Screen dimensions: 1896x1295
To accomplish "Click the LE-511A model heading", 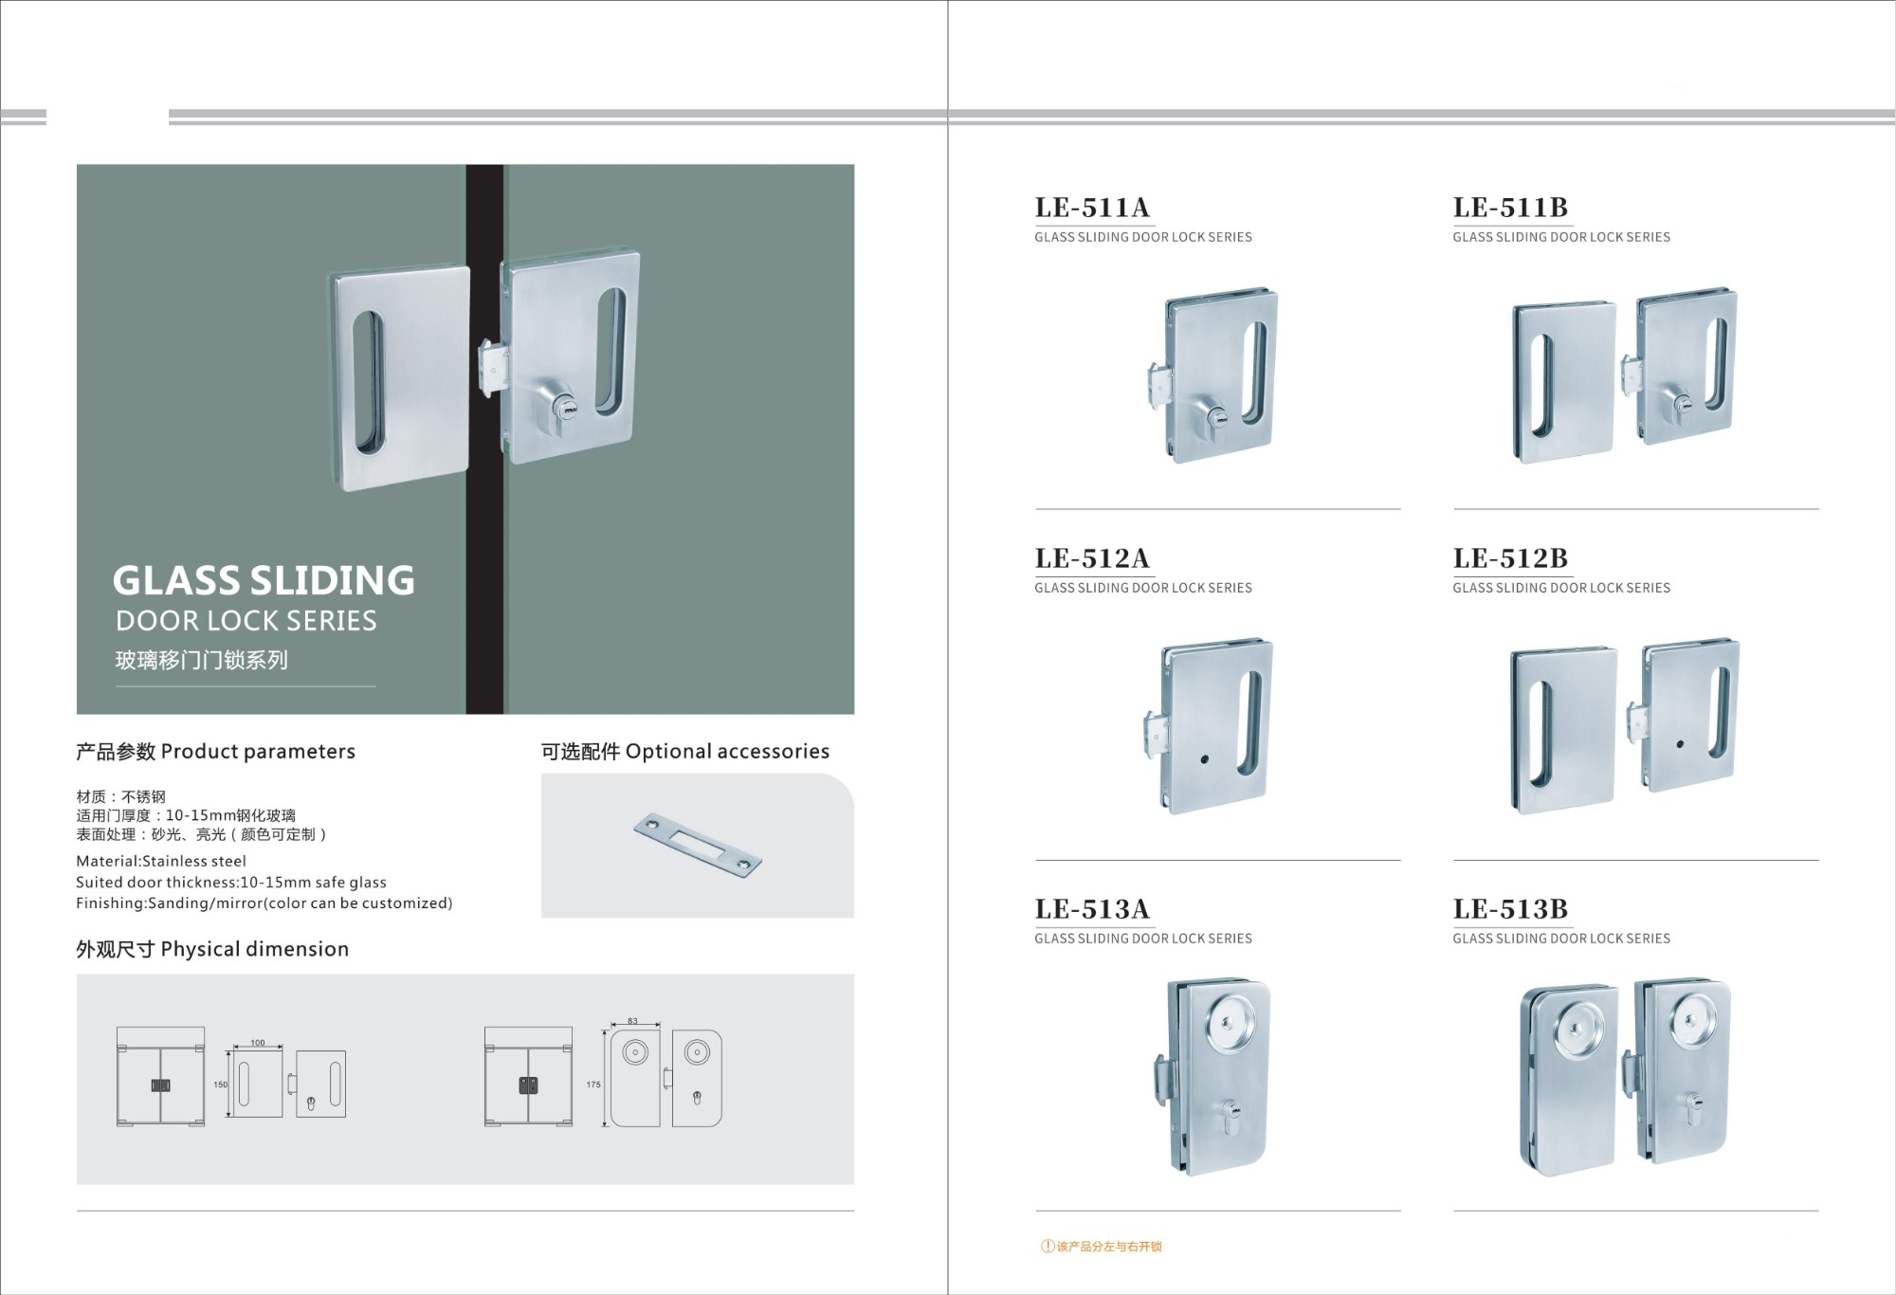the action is [x=1092, y=208].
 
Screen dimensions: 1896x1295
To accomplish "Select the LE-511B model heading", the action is [x=1510, y=208].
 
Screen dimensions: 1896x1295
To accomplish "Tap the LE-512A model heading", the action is [x=1092, y=558].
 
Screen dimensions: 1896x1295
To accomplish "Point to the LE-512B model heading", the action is [x=1510, y=558].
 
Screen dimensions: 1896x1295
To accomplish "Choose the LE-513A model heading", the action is [x=1092, y=909].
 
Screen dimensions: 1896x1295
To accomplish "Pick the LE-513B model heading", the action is [x=1510, y=909].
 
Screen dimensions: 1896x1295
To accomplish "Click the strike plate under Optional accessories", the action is [x=698, y=844].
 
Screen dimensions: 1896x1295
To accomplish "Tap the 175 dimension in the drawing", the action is [x=593, y=1085].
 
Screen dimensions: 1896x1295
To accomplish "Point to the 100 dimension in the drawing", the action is [x=258, y=1043].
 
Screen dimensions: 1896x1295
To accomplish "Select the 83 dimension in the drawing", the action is [x=632, y=1021].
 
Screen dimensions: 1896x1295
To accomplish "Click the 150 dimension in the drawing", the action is [x=220, y=1085].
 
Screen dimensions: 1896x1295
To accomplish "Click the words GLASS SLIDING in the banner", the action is [x=264, y=580].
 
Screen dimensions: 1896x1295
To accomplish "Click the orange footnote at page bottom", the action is [x=1102, y=1247].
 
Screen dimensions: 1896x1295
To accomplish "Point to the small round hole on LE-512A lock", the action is [x=1205, y=759].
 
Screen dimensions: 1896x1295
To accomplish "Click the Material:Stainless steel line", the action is [x=161, y=861].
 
